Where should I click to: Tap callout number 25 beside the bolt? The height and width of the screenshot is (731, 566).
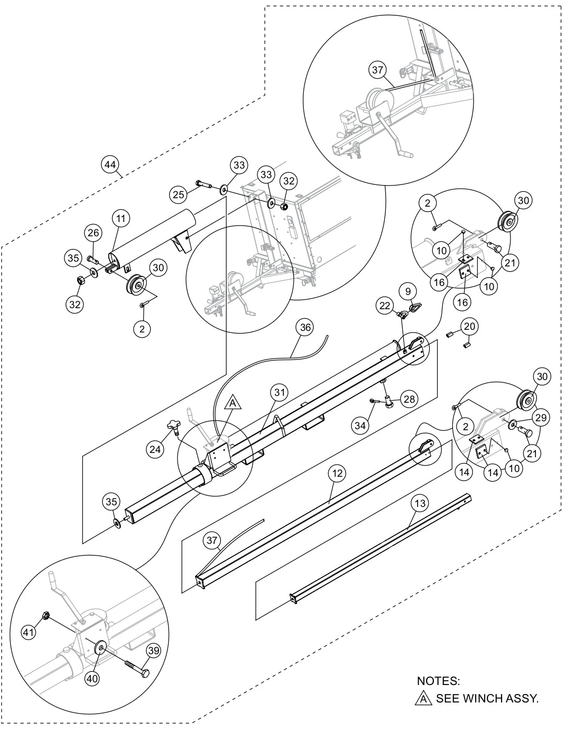tap(178, 195)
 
